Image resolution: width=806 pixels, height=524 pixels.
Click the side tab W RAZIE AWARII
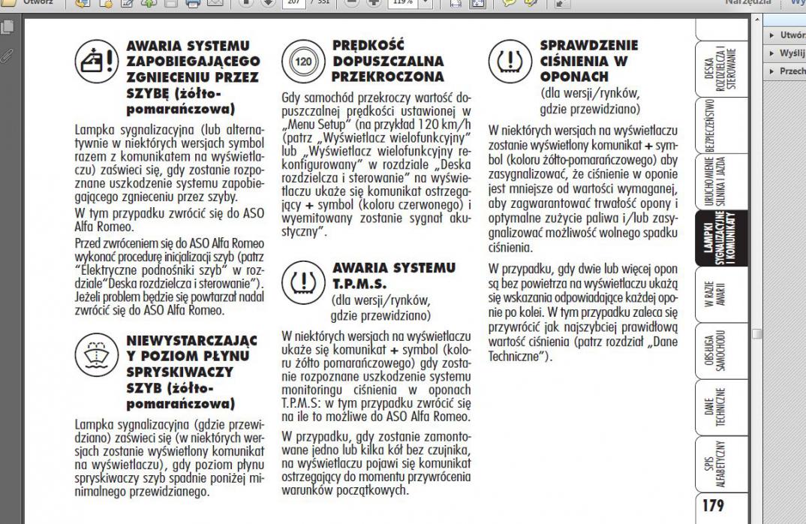[x=712, y=292]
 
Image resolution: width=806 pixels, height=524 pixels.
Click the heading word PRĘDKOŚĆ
[x=368, y=46]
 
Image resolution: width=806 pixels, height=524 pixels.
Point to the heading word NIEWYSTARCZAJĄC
[x=191, y=342]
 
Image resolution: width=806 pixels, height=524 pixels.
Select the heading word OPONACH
[x=573, y=77]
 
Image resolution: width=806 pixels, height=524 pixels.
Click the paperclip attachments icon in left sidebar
[x=8, y=55]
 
